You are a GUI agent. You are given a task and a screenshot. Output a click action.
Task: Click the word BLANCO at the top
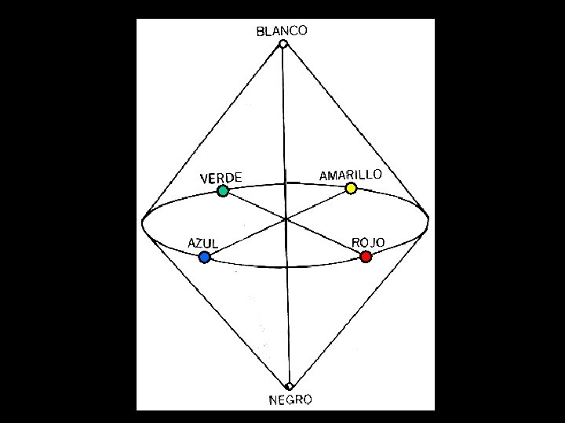[282, 31]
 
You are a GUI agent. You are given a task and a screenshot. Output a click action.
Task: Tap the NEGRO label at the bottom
[290, 400]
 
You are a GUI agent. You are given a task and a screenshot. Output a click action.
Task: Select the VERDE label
[221, 178]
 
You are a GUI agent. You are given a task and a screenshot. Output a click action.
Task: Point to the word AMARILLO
[350, 174]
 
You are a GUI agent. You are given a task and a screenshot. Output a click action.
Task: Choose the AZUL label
[202, 243]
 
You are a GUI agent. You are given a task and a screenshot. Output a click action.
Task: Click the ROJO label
[368, 242]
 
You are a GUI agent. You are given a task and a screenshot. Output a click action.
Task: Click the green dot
[223, 190]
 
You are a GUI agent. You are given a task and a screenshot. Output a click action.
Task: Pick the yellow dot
[351, 188]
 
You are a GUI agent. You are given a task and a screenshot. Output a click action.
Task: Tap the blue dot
[205, 257]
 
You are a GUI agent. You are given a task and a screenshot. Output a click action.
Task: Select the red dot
[366, 256]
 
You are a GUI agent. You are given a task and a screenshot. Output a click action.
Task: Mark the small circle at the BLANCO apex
[283, 44]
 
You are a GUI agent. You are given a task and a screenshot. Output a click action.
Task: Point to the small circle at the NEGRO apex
[290, 386]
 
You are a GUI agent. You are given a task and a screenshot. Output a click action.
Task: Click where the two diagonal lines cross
[287, 219]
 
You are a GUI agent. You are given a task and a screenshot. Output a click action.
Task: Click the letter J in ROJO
[370, 243]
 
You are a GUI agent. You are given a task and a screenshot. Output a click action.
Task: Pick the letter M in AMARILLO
[333, 175]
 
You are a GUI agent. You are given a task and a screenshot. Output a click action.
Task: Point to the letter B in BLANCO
[261, 33]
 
